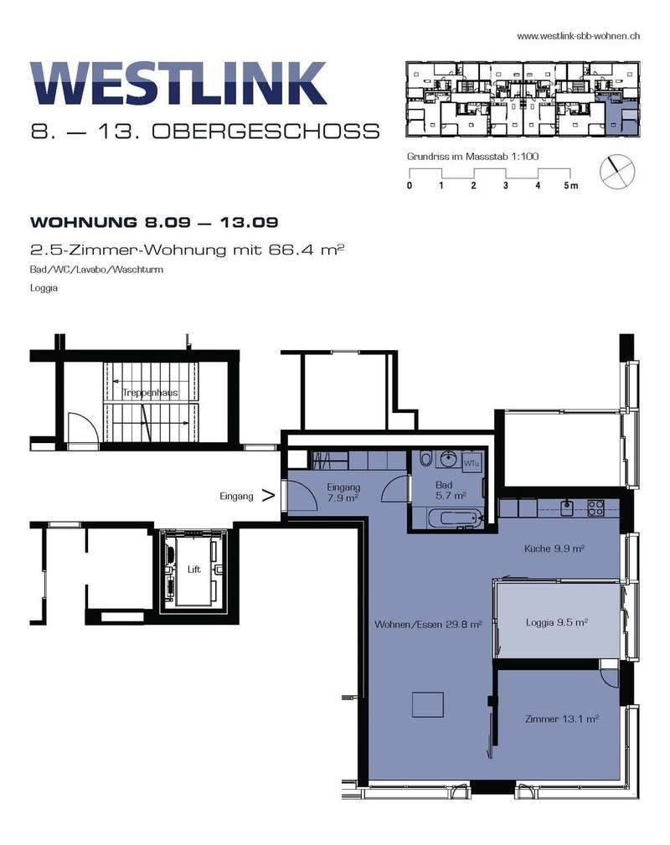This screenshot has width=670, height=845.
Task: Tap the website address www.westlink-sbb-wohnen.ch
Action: [x=579, y=36]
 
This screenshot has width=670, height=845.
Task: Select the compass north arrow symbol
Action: [x=617, y=172]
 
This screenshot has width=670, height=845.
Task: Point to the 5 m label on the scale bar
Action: [x=571, y=185]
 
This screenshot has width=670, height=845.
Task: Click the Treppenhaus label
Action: [x=150, y=392]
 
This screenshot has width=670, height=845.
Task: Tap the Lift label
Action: [x=194, y=569]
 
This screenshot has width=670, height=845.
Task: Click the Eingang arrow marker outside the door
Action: [x=269, y=495]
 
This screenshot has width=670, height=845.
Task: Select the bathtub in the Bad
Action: [x=455, y=519]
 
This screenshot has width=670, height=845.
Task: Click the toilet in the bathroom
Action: [x=426, y=459]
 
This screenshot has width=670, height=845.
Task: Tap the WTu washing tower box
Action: [x=472, y=463]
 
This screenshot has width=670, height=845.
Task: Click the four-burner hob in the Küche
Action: [x=595, y=508]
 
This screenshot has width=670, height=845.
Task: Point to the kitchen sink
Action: [x=566, y=508]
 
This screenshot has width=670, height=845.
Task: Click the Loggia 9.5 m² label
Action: [x=557, y=622]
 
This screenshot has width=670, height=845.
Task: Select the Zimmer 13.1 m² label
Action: [x=562, y=719]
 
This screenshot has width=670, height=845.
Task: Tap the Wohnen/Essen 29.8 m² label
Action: [x=428, y=625]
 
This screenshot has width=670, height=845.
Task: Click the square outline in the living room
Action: [x=428, y=705]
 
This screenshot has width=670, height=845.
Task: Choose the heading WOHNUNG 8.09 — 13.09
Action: [x=154, y=222]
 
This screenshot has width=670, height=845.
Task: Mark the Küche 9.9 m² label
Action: [x=554, y=549]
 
